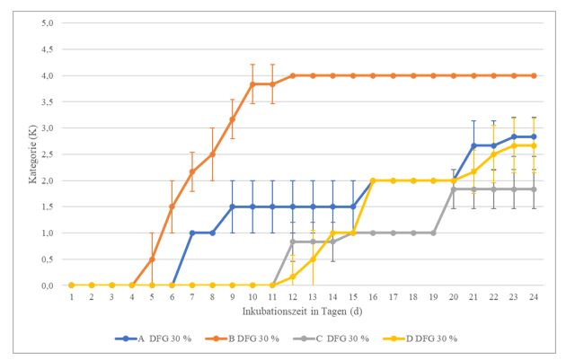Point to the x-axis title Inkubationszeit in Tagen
(303, 311)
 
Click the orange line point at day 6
(172, 206)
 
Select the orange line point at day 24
(534, 75)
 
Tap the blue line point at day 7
(191, 233)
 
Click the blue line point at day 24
(534, 136)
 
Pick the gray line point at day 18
(413, 233)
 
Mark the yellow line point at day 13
(313, 259)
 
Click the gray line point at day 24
(534, 189)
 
